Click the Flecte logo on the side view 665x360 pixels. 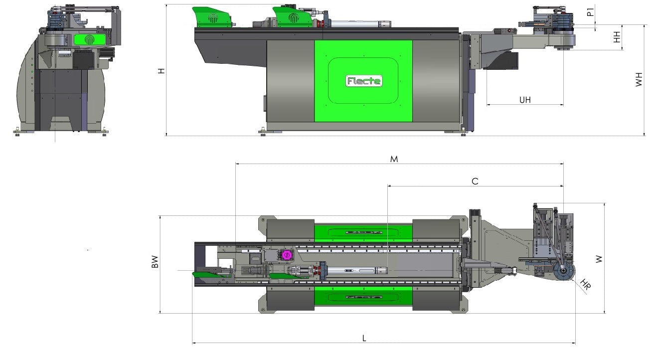pos(364,81)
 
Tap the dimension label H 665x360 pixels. pos(161,71)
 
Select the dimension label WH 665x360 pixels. pos(639,79)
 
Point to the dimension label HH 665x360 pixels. pos(617,37)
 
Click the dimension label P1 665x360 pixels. pos(591,12)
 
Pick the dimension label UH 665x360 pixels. pos(525,100)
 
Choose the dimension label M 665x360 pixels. pos(394,159)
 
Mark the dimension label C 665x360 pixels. pos(475,181)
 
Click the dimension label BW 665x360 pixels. pos(155,262)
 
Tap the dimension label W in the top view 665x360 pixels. pos(599,259)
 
